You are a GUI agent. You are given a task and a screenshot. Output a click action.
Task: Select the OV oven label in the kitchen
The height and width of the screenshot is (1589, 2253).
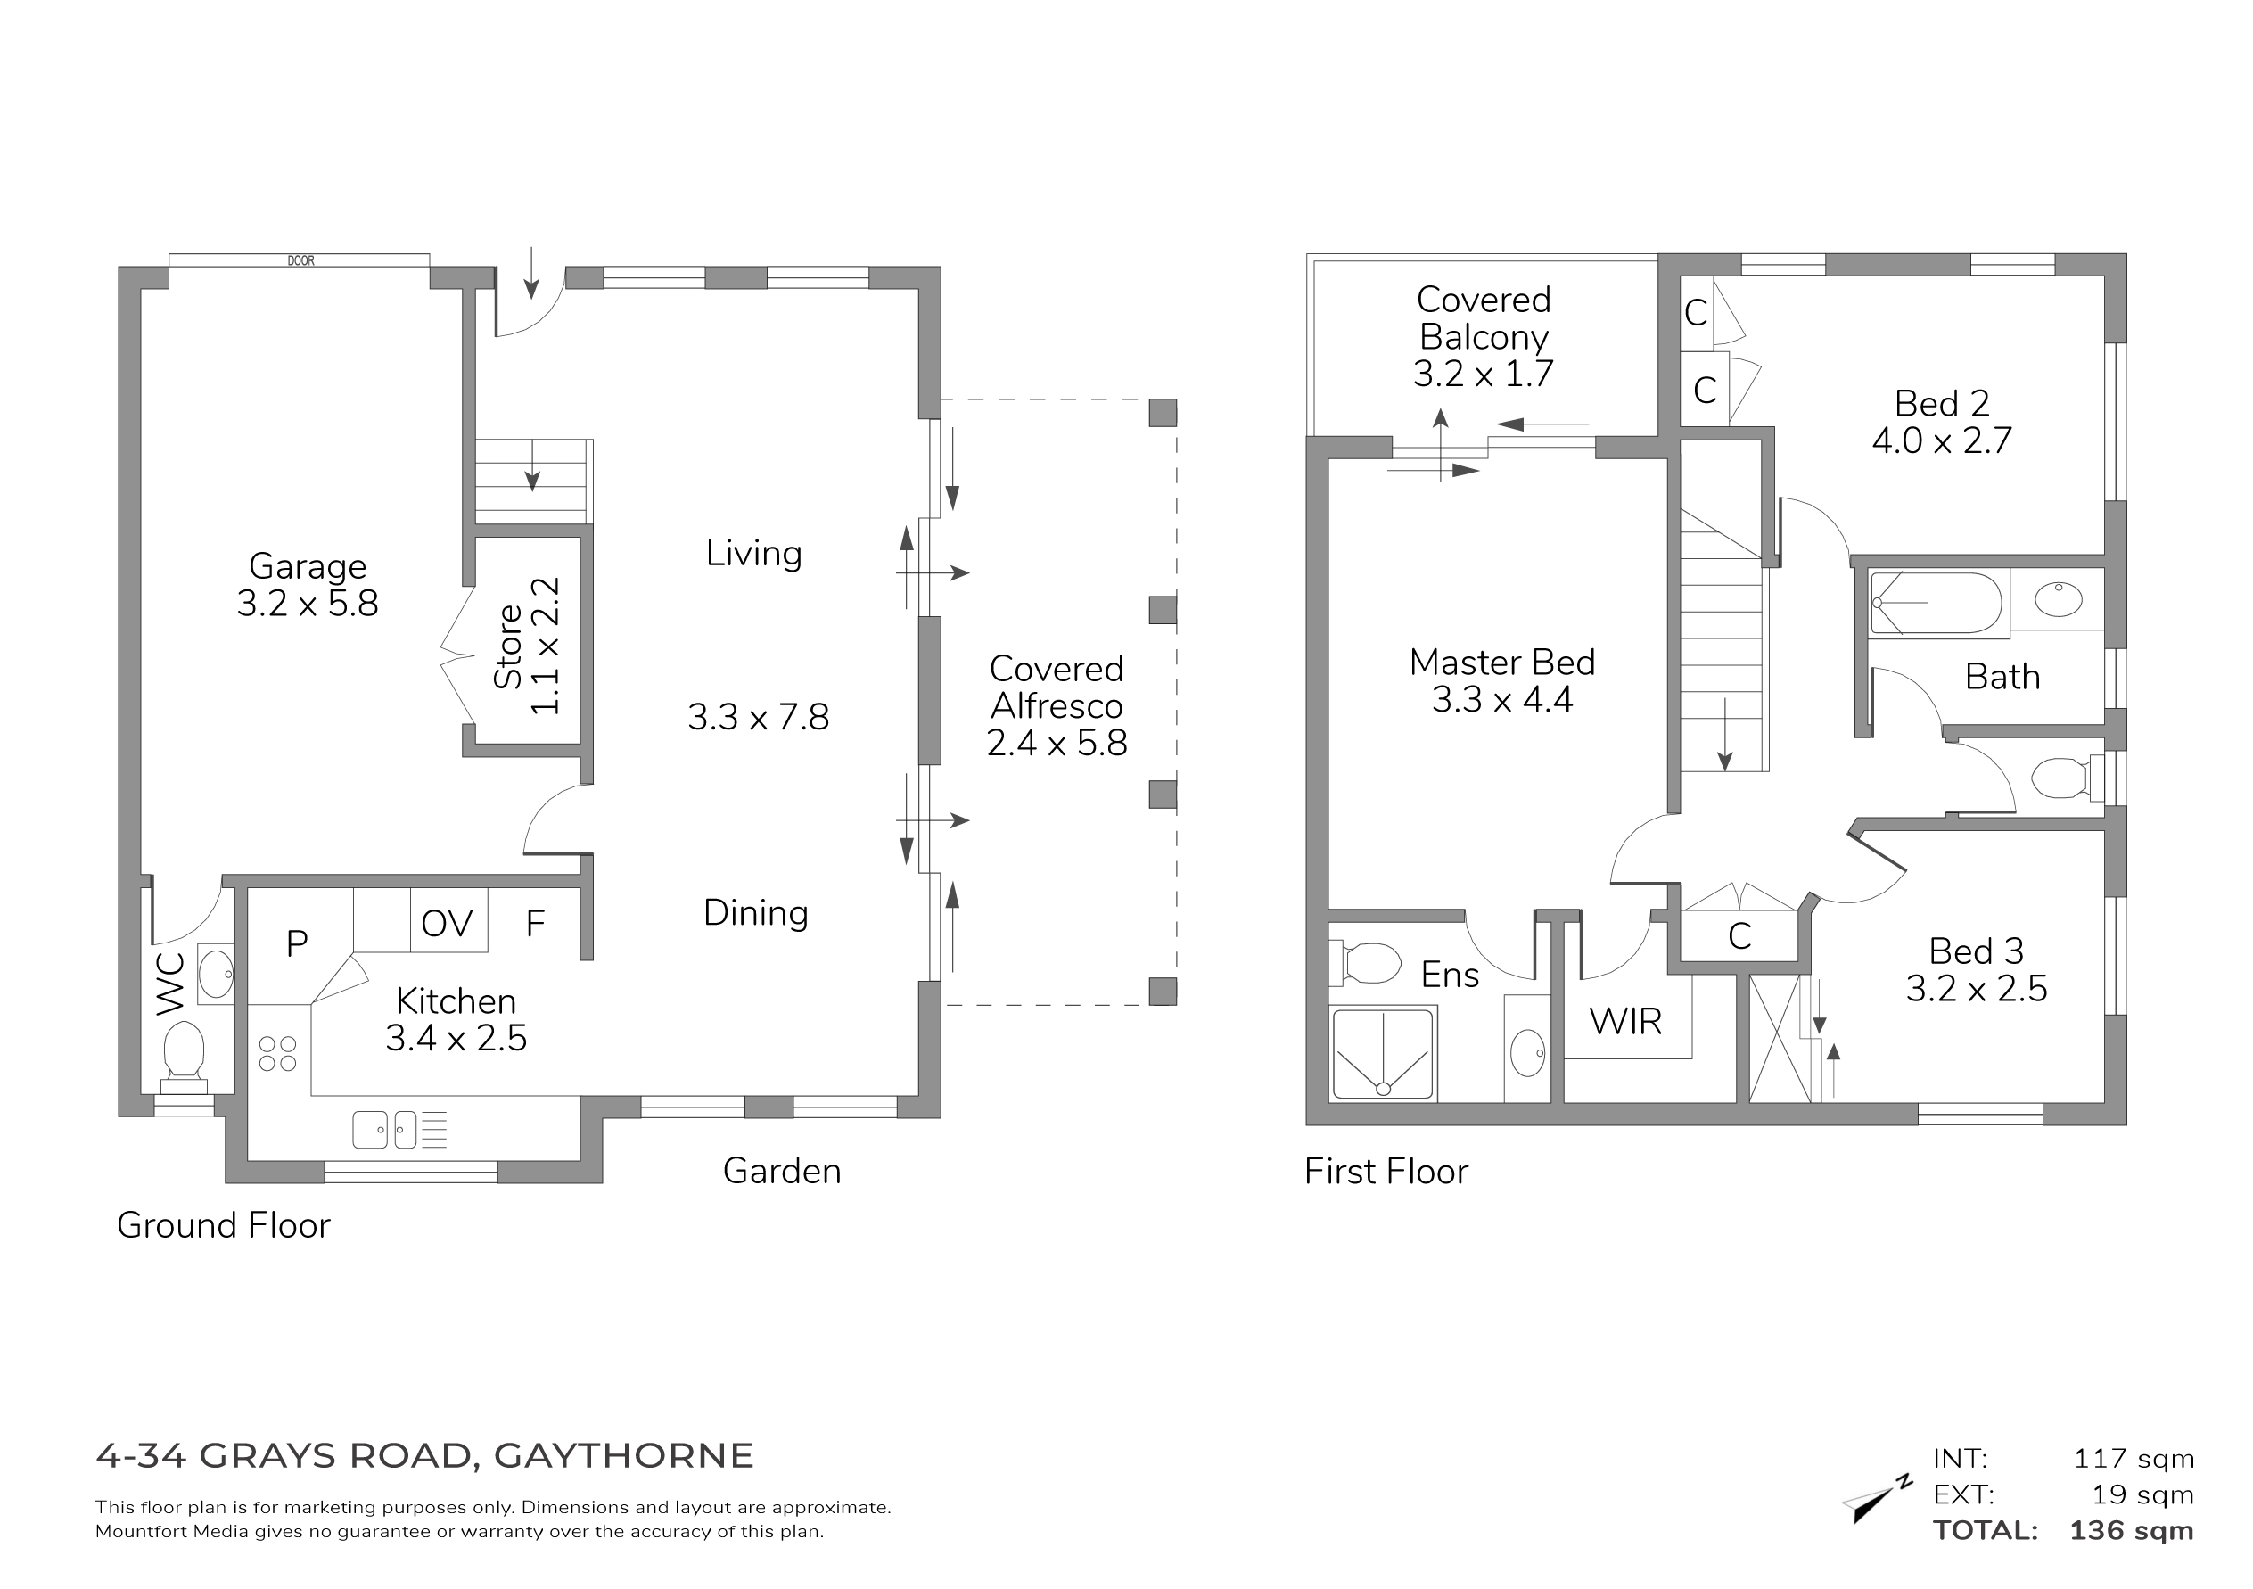click(447, 924)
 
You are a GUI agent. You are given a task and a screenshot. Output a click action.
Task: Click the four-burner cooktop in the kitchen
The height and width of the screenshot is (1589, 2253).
click(277, 1054)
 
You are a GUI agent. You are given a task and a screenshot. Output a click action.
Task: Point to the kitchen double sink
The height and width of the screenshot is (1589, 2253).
click(384, 1130)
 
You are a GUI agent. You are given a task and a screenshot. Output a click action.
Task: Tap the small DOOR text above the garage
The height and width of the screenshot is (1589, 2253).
click(301, 261)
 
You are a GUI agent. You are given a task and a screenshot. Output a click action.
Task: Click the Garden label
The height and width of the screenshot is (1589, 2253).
click(782, 1171)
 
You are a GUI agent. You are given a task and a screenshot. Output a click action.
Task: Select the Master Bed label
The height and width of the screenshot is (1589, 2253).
click(1502, 663)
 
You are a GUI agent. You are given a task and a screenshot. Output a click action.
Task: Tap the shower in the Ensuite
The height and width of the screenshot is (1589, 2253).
click(1383, 1053)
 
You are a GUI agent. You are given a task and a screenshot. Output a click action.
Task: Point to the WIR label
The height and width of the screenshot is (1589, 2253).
click(1626, 1022)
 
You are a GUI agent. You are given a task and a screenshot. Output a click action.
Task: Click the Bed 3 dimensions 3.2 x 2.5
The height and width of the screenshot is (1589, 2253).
click(1977, 988)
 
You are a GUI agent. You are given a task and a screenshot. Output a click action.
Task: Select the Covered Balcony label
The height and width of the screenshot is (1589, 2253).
click(1484, 318)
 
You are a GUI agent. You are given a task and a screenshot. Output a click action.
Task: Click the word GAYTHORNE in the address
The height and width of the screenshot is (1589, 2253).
click(624, 1455)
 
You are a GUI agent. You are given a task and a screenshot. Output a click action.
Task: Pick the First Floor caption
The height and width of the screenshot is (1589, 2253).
click(1386, 1172)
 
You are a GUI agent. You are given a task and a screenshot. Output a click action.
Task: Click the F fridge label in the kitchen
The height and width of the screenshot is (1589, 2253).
click(535, 924)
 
